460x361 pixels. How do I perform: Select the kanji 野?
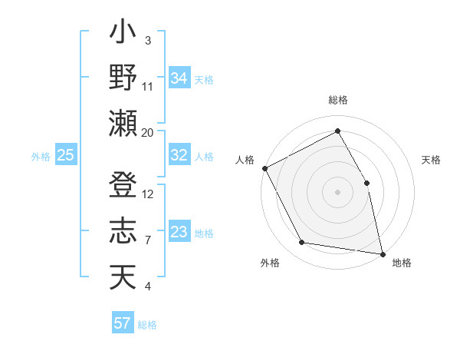coord(123,78)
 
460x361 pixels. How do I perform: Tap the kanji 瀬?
coord(123,123)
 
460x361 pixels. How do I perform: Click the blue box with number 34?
coord(179,78)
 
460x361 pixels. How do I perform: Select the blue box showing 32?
coord(179,155)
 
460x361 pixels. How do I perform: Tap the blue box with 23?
coord(179,232)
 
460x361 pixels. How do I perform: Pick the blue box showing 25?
coord(65,155)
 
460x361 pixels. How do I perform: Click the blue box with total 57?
coord(123,323)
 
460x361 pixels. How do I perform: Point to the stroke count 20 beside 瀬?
coord(148,132)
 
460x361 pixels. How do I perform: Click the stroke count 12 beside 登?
coord(148,194)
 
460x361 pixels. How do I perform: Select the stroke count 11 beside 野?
coord(148,86)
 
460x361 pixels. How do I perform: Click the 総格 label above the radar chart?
coord(338,101)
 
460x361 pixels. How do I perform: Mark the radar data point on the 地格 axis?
coord(383,253)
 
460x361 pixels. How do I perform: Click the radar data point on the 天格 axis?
coord(366,183)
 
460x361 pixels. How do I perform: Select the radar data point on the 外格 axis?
coord(302,243)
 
